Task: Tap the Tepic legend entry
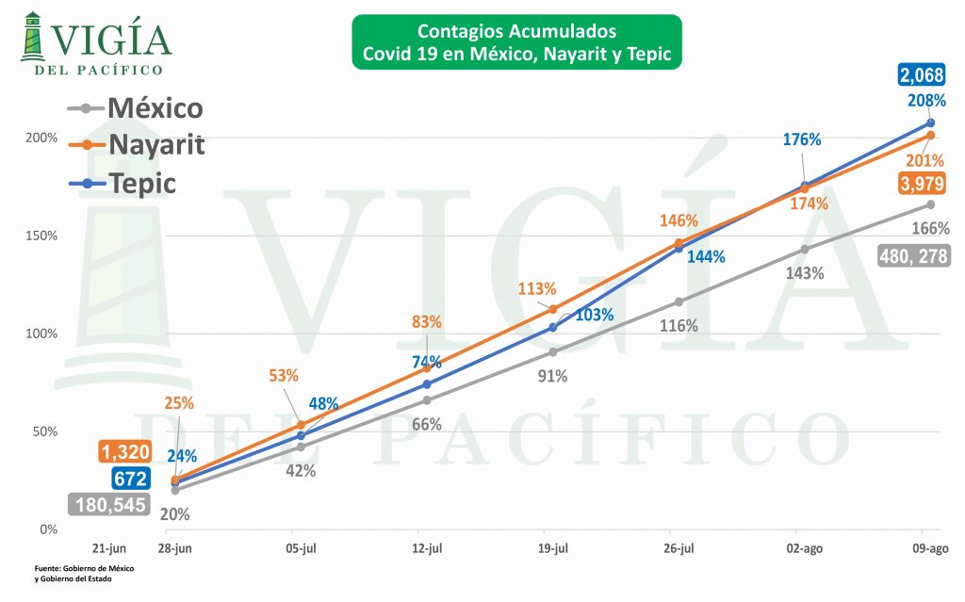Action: [142, 183]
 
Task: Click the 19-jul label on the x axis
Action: [553, 548]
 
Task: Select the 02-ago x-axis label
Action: [804, 548]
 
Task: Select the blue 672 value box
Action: [129, 477]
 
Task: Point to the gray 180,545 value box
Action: [109, 504]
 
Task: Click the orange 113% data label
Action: [537, 289]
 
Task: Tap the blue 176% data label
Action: [802, 140]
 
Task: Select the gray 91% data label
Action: [552, 377]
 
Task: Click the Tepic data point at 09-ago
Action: [930, 122]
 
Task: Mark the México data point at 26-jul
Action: [679, 301]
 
